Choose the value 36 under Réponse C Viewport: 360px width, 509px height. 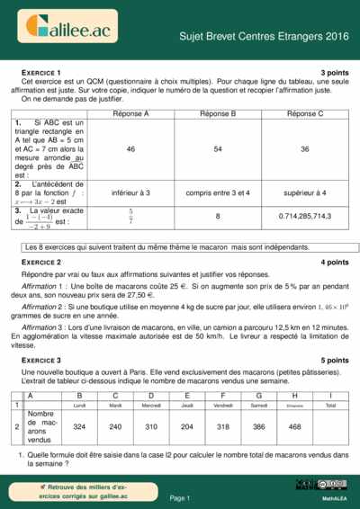tap(304, 148)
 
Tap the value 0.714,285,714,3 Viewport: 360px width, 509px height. tap(304, 216)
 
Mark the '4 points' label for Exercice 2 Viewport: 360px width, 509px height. tap(334, 262)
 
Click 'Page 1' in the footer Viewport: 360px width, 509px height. tap(179, 497)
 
